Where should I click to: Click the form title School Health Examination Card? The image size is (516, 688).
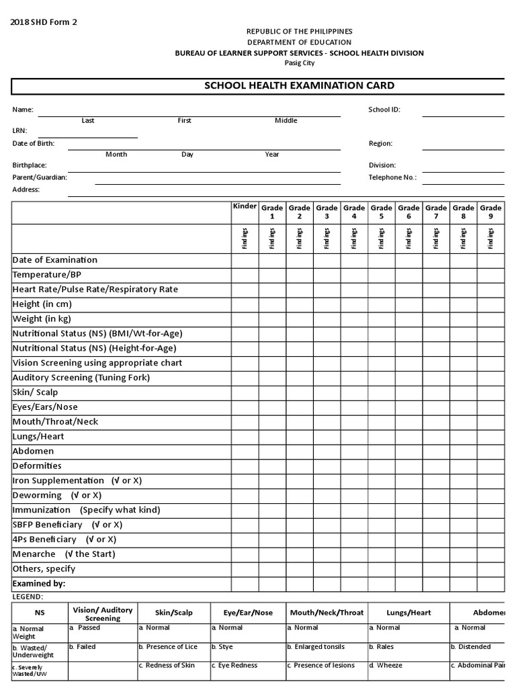[299, 86]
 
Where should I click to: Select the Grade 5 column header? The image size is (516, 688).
[381, 212]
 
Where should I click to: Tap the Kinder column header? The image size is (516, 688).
[245, 206]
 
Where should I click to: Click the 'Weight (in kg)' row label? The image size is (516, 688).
[42, 318]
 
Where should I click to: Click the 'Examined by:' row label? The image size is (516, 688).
[39, 584]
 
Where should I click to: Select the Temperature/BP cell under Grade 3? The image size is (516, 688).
[327, 275]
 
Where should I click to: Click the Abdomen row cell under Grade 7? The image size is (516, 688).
[435, 451]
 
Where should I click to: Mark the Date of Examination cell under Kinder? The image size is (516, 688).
[245, 260]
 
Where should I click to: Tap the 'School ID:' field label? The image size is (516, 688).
[384, 110]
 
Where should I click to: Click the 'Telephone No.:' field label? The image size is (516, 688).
[392, 177]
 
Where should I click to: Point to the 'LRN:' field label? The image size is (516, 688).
[19, 131]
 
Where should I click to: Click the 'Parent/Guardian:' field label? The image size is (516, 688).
[40, 177]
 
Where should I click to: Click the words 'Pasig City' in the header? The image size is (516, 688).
[298, 63]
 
